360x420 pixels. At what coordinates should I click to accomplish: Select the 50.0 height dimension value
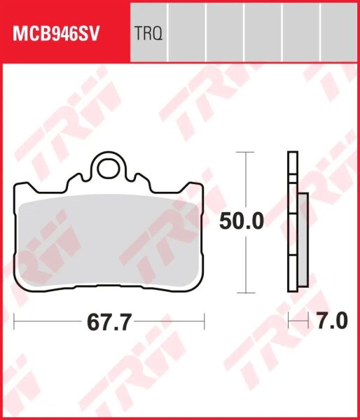pyautogui.click(x=241, y=222)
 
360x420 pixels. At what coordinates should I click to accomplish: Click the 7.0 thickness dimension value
pyautogui.click(x=331, y=322)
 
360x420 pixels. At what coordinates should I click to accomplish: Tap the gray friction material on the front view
pyautogui.click(x=109, y=241)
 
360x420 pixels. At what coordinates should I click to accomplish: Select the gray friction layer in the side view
pyautogui.click(x=302, y=238)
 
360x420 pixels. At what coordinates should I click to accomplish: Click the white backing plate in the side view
pyautogui.click(x=291, y=224)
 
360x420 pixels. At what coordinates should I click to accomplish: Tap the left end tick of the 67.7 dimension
pyautogui.click(x=15, y=322)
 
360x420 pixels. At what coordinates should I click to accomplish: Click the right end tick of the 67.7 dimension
pyautogui.click(x=204, y=322)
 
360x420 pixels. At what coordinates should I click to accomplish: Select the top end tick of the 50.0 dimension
pyautogui.click(x=244, y=151)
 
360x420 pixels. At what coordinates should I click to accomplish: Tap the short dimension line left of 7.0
pyautogui.click(x=299, y=322)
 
